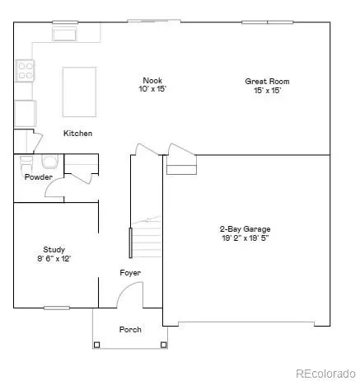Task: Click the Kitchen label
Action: (x=78, y=133)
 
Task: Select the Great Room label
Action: (x=268, y=81)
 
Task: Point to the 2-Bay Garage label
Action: (x=245, y=228)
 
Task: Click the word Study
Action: (x=54, y=249)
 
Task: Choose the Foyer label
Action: (x=130, y=272)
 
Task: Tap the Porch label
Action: (x=130, y=329)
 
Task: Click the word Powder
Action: (x=39, y=176)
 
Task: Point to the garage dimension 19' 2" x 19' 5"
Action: (x=245, y=238)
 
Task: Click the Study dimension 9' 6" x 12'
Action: (x=54, y=258)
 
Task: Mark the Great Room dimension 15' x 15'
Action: (x=268, y=90)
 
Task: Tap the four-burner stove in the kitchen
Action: (x=24, y=73)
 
